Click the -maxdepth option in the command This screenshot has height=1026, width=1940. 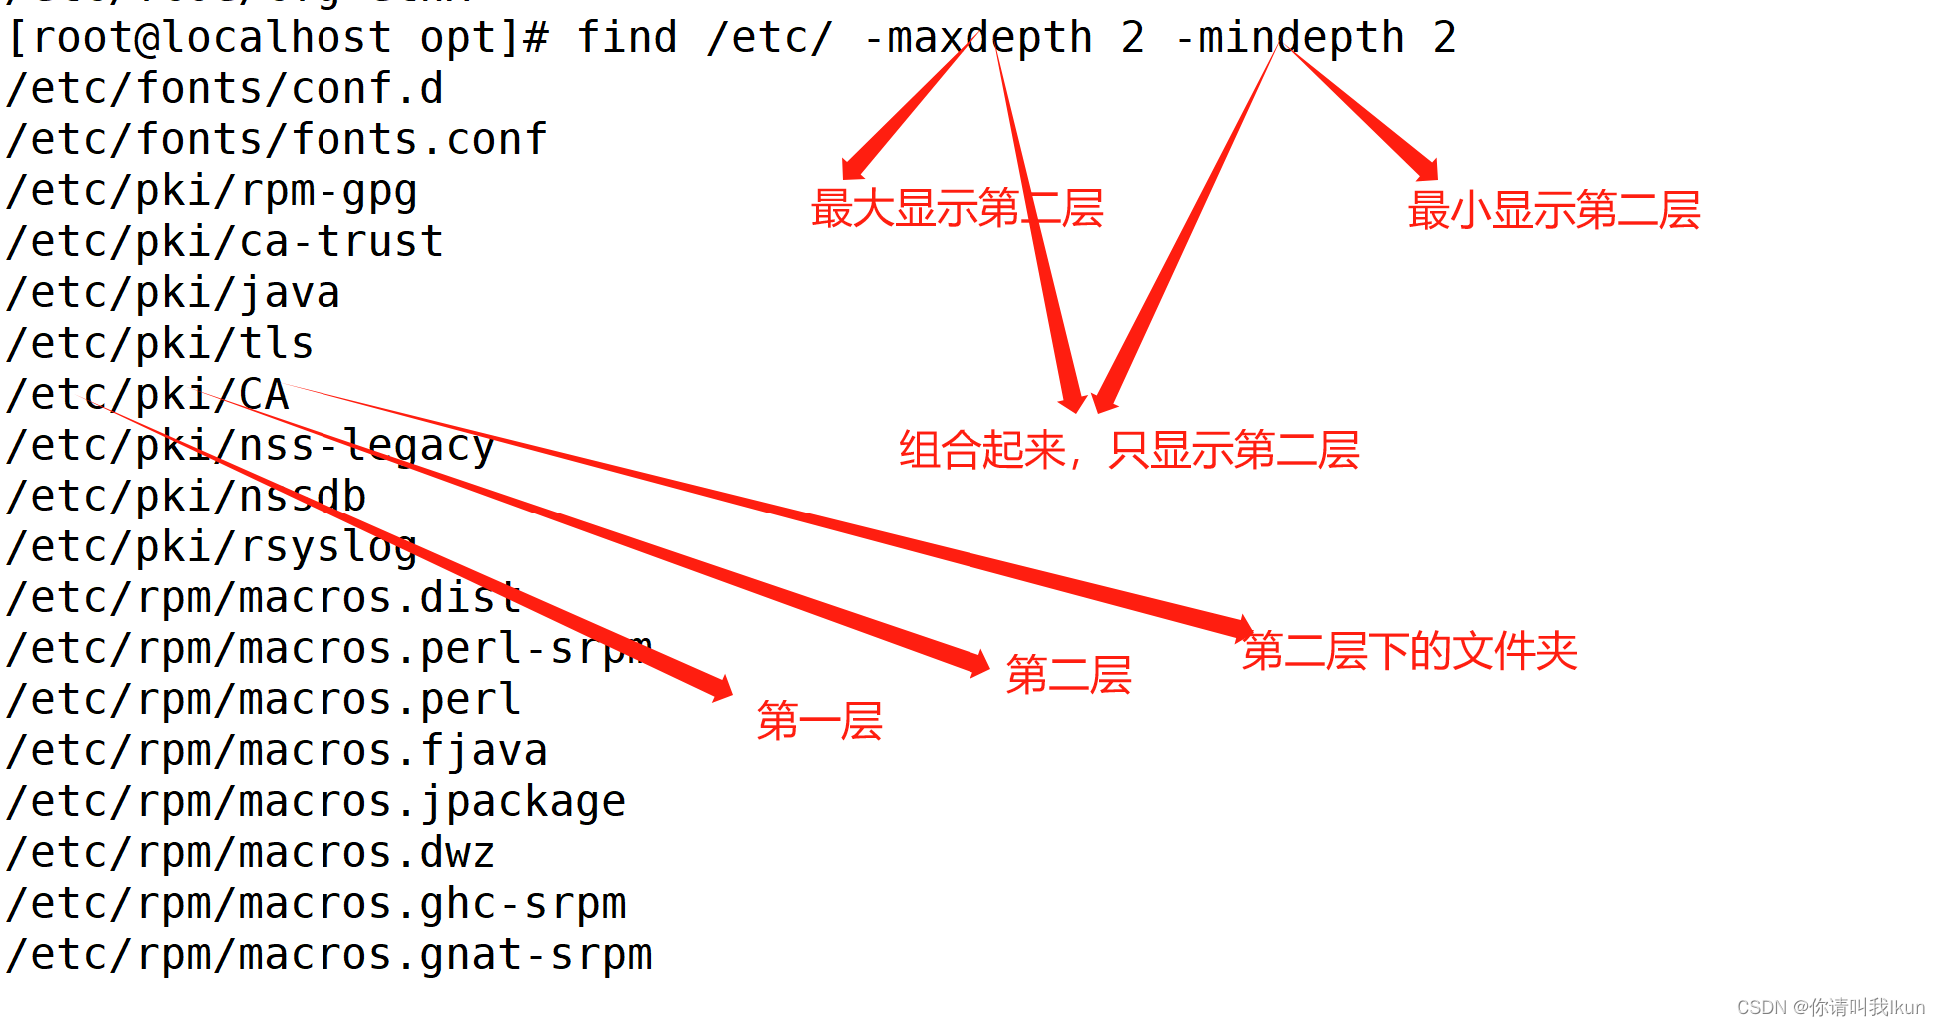[x=978, y=39]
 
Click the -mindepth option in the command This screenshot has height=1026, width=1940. [x=1289, y=39]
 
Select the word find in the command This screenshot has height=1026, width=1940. [x=627, y=39]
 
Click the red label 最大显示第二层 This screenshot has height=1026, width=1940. [x=957, y=209]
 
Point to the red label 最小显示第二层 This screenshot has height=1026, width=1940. [x=1554, y=211]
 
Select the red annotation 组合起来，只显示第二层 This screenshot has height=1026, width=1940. [x=1128, y=450]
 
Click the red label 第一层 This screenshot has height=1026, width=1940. [x=819, y=720]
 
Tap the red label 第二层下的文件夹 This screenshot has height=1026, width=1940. [x=1409, y=652]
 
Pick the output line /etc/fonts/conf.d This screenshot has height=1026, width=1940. [x=225, y=89]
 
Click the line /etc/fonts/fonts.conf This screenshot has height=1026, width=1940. [x=277, y=140]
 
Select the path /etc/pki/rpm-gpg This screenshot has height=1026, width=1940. [x=212, y=191]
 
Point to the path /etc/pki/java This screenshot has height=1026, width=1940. [x=173, y=293]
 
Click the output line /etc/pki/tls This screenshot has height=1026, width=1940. [x=160, y=344]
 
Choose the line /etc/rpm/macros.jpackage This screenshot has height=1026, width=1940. [x=316, y=802]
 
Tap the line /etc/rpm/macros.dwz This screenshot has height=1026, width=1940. [x=251, y=853]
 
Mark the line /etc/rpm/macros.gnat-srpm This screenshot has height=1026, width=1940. [x=328, y=955]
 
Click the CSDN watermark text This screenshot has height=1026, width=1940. [x=1830, y=1007]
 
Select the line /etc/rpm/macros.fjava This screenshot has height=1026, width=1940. [x=277, y=751]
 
